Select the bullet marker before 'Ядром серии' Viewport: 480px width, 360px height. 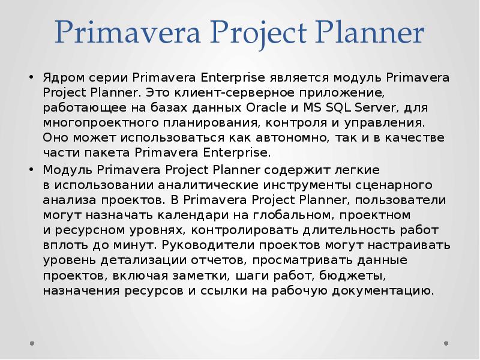click(31, 79)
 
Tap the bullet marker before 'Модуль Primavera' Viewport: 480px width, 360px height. click(31, 169)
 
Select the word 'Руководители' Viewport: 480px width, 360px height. click(195, 245)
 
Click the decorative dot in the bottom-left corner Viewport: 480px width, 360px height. click(32, 344)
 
